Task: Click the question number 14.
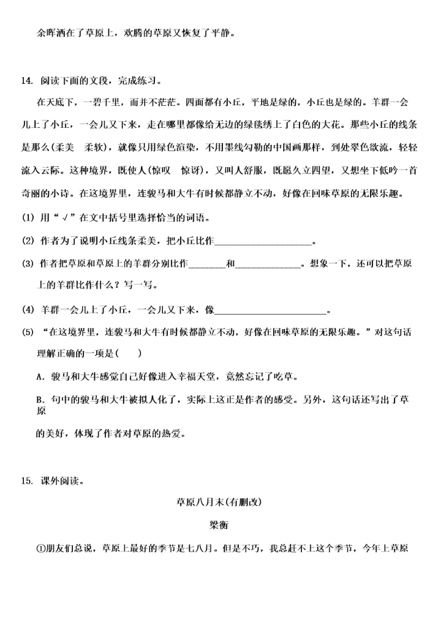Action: [26, 81]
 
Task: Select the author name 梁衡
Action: [219, 524]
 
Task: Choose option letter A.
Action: [40, 376]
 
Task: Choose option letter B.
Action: [40, 399]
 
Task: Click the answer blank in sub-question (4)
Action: [271, 310]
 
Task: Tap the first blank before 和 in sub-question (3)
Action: [207, 264]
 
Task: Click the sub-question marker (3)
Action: [28, 264]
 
